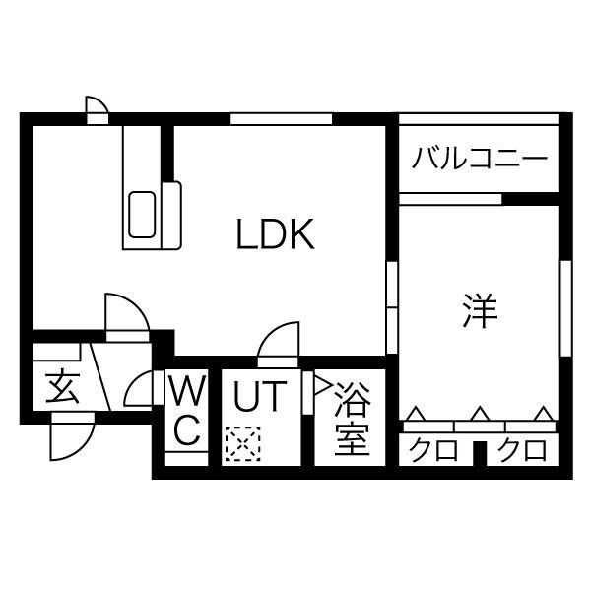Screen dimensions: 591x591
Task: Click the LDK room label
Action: pos(275,234)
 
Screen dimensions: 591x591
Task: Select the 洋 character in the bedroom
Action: pos(480,311)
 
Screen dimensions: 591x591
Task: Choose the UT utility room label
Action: pos(259,396)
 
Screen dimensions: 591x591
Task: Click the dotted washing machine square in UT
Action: pos(240,443)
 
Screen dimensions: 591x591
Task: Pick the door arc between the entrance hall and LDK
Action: pos(126,315)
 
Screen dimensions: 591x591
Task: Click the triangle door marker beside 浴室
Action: pos(321,385)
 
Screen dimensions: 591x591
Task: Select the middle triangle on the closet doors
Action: pos(479,414)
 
